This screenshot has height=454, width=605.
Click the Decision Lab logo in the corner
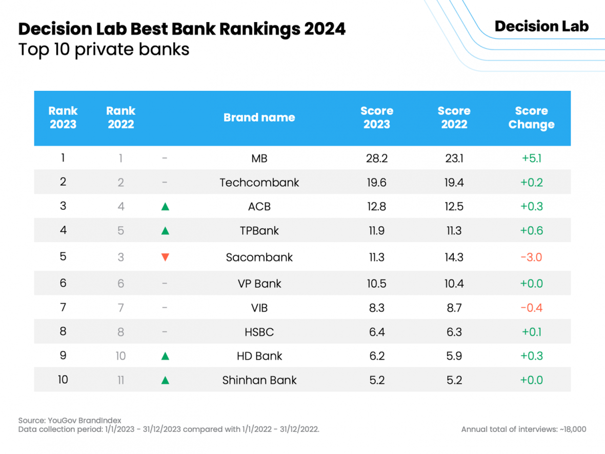[541, 27]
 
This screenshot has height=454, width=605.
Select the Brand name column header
[259, 117]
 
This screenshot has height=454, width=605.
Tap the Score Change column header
[531, 117]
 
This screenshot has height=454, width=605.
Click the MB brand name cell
[259, 159]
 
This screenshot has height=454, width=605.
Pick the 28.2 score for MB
[377, 159]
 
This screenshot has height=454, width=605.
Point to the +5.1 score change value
[531, 159]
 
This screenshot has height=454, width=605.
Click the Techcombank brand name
[259, 183]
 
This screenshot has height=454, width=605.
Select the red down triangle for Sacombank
[165, 257]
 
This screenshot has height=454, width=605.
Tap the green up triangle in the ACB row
[165, 207]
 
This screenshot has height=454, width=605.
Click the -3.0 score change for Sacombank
[531, 257]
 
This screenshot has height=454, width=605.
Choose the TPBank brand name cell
[259, 231]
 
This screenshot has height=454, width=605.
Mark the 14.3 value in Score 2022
[454, 257]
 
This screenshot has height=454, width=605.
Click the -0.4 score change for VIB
[531, 308]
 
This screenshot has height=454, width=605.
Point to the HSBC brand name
[259, 332]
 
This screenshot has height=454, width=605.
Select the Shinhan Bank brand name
[259, 380]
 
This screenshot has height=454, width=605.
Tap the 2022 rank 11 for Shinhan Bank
[121, 380]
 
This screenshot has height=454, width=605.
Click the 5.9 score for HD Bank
[454, 356]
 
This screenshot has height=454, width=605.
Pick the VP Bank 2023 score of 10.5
[377, 284]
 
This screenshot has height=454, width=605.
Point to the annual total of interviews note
[523, 429]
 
